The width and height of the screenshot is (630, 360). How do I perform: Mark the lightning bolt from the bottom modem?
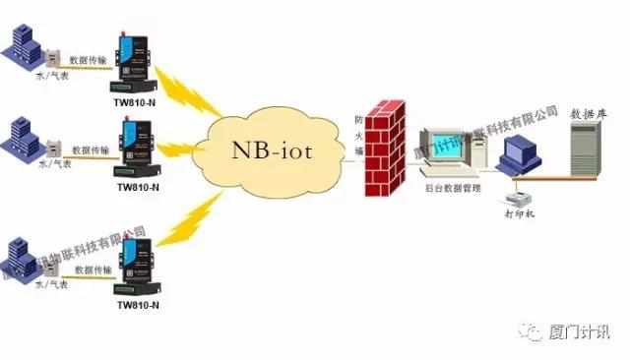[197, 217]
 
